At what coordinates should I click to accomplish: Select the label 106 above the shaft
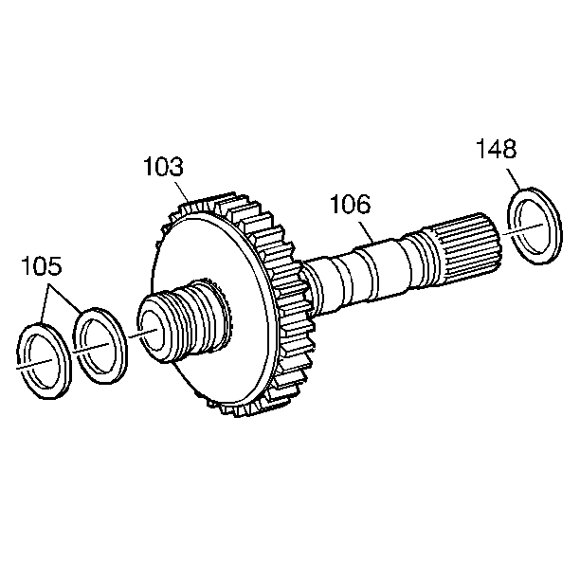point(350,205)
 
